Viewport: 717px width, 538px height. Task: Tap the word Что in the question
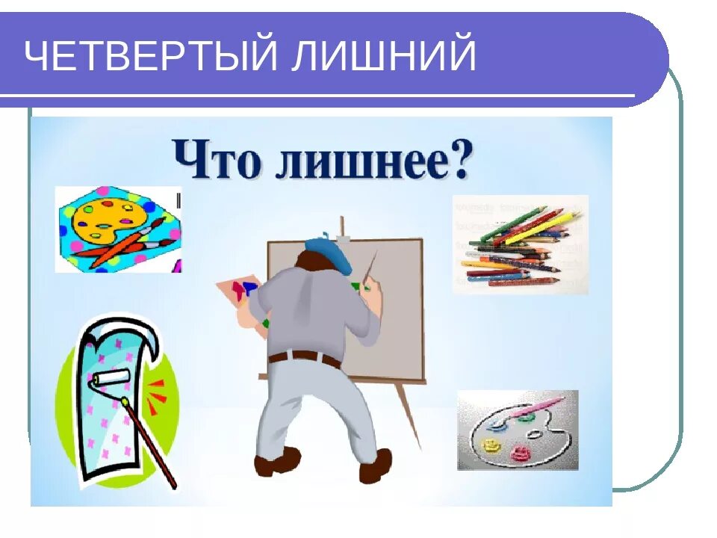[217, 159]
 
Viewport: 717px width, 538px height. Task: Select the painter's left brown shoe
[276, 461]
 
